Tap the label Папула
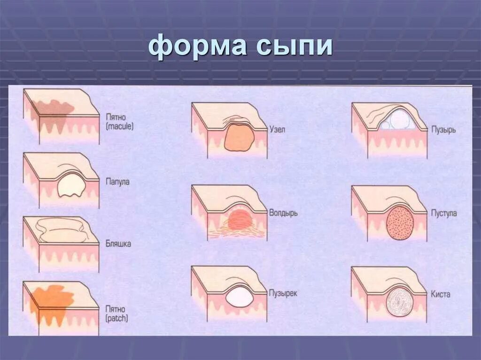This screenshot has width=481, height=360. coord(117,182)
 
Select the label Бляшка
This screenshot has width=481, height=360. coord(118,244)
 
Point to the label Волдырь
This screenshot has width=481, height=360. coord(283,213)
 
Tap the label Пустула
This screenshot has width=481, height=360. coord(443,213)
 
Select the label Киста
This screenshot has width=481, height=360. coord(440,294)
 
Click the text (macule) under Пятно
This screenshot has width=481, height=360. coord(119,126)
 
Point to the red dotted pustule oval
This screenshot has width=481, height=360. coord(401,222)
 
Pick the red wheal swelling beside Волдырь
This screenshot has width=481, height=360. coord(239,220)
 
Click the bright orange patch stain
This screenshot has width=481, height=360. coord(52,301)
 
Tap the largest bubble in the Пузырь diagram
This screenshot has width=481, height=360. coord(400,121)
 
